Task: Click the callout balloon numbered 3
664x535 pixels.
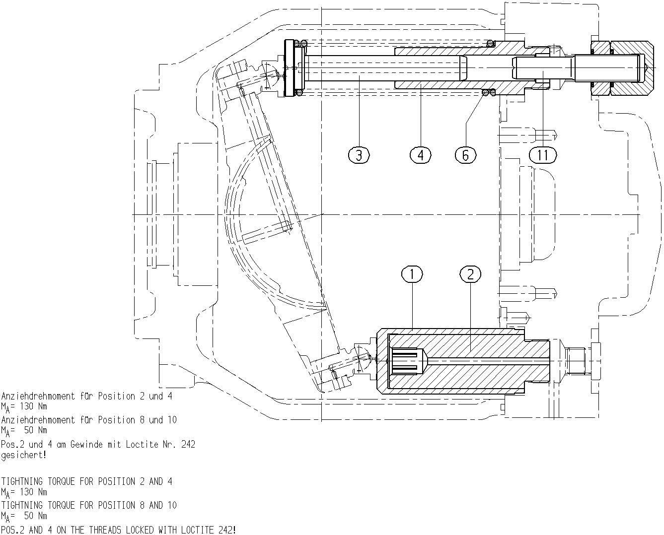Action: [x=359, y=155]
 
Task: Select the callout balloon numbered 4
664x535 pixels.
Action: [x=421, y=155]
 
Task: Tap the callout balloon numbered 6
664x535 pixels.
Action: [x=466, y=155]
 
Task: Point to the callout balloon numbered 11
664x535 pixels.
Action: [x=543, y=155]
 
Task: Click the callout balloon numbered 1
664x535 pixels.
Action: [x=412, y=274]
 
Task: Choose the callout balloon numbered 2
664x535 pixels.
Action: [x=470, y=274]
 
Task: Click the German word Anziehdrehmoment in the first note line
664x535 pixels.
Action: [x=38, y=396]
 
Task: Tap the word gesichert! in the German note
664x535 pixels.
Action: [x=24, y=455]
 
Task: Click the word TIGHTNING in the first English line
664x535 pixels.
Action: [x=22, y=481]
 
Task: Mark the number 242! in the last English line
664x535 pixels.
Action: [x=226, y=530]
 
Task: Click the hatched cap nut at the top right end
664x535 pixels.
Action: [x=632, y=68]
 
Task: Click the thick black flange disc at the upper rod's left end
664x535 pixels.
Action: [x=289, y=68]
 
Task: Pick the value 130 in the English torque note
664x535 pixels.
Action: [x=26, y=492]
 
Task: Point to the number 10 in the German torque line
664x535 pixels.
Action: [x=172, y=420]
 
